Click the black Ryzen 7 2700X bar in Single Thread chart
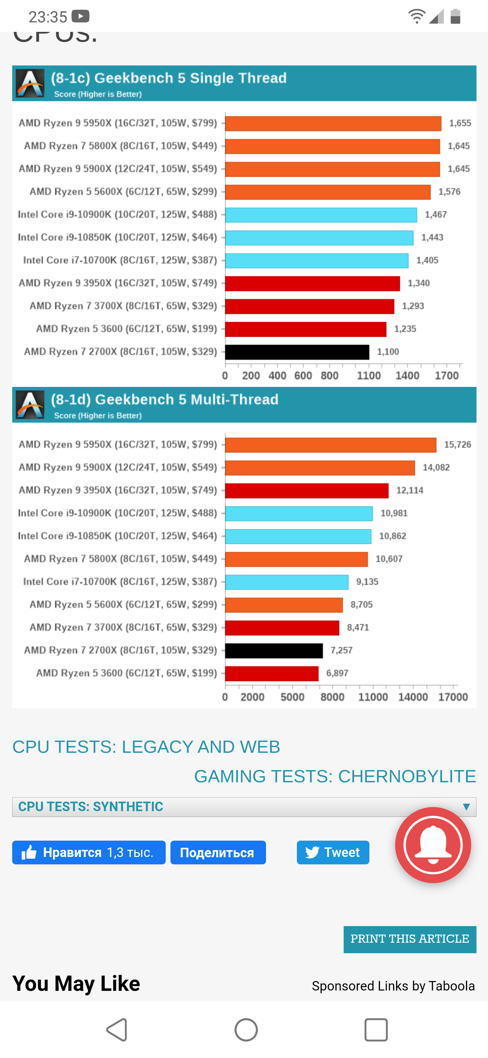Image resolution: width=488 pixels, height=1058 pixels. [x=297, y=352]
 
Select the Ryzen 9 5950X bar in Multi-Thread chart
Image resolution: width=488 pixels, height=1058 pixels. [x=330, y=445]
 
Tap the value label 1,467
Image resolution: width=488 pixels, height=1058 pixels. [x=435, y=214]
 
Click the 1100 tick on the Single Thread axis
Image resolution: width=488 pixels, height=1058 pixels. [x=369, y=375]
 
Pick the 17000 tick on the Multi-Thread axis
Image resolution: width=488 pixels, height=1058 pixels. [x=453, y=697]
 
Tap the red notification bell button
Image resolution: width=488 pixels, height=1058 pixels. [x=433, y=845]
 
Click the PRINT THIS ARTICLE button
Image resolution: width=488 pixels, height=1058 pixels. [x=410, y=939]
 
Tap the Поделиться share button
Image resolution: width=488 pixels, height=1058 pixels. [x=218, y=853]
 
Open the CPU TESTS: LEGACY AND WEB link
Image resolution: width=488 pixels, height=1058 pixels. [x=146, y=747]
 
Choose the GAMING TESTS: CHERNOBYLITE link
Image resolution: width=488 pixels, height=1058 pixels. [x=335, y=776]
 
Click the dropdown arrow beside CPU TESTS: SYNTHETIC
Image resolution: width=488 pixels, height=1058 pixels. [x=466, y=807]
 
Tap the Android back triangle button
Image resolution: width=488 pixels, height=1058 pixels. [x=117, y=1030]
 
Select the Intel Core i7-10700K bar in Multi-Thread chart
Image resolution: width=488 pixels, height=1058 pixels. [x=286, y=582]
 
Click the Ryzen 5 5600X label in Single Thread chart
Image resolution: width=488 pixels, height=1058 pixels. [x=123, y=192]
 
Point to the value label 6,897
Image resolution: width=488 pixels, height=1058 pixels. [x=337, y=673]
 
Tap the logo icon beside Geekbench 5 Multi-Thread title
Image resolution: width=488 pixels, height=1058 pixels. [x=30, y=405]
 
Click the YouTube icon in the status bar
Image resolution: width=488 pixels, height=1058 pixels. [x=80, y=16]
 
